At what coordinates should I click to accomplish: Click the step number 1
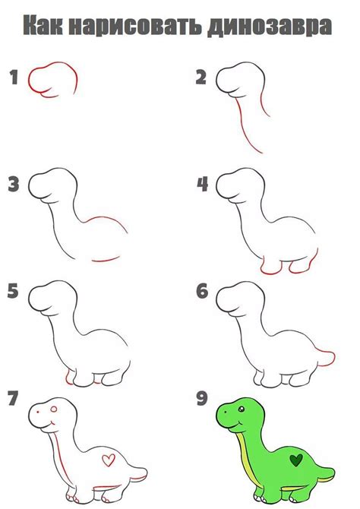point(13,76)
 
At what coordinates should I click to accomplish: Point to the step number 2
point(201,76)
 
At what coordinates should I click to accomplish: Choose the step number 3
point(13,184)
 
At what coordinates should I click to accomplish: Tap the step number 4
point(202,184)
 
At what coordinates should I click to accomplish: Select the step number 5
point(13,292)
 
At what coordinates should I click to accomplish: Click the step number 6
point(202,292)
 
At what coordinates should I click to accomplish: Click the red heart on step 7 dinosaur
point(109,460)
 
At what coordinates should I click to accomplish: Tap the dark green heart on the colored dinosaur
point(297,460)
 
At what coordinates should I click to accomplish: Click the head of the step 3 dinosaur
point(52,185)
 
